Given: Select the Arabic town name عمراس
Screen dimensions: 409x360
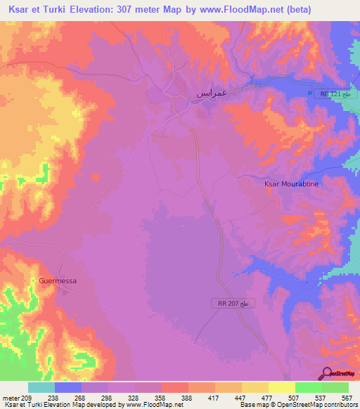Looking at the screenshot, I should click(210, 93).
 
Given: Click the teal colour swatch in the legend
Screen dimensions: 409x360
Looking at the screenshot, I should click(41, 387).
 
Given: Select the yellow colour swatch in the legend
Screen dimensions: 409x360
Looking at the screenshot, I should click(281, 387).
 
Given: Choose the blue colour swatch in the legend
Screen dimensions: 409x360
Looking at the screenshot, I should click(67, 387).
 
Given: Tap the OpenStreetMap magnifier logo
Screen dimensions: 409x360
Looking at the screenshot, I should click(327, 372).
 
